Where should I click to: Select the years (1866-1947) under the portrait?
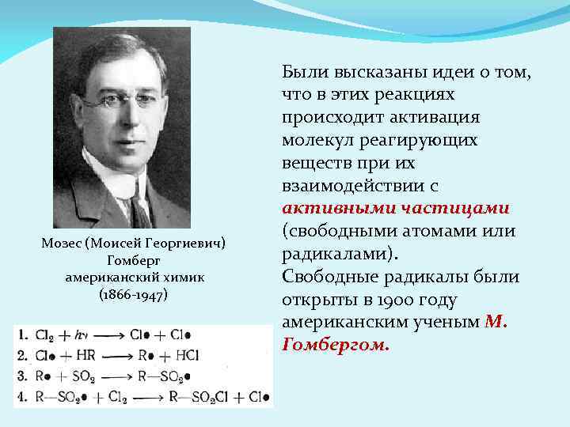[133, 294]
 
